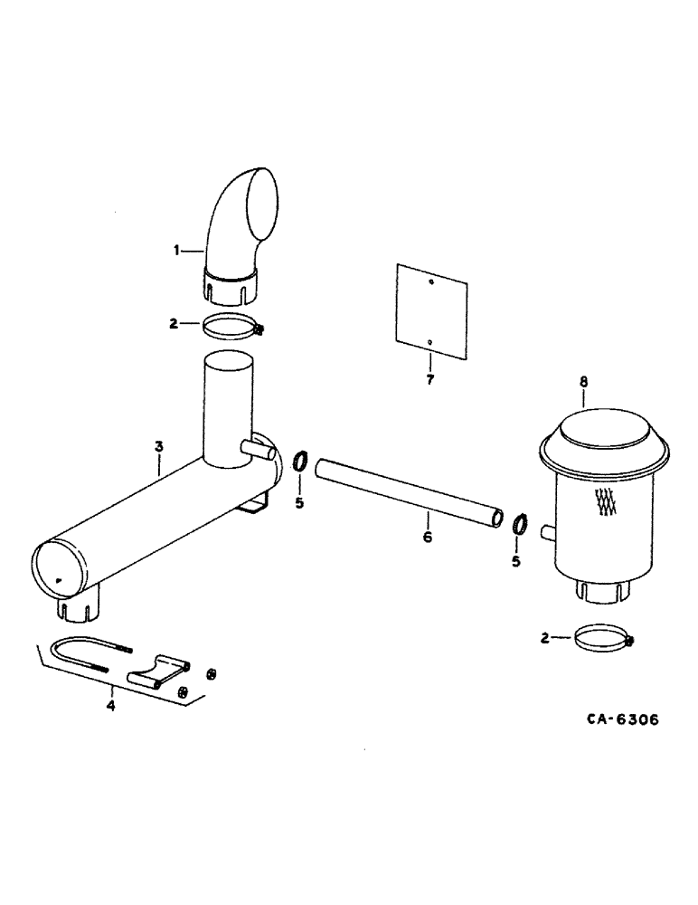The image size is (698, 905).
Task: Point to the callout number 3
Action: point(158,446)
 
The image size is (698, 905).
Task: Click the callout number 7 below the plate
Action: point(430,379)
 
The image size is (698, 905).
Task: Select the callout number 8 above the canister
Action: point(583,384)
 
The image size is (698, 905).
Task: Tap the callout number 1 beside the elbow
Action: point(178,250)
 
